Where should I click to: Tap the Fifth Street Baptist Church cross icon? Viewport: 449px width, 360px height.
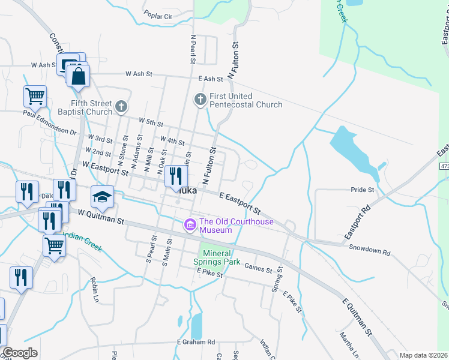pos(121,107)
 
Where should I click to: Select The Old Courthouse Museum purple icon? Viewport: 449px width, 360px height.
pos(190,225)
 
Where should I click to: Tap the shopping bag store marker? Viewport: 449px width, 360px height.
pos(78,77)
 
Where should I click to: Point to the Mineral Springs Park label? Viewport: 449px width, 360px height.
pos(217,257)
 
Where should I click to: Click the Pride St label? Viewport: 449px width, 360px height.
pos(362,190)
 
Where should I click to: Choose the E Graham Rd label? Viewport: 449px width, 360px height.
pos(196,342)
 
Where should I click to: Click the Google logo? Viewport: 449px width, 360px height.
pos(20,353)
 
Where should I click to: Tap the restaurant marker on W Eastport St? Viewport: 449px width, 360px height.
pos(176,176)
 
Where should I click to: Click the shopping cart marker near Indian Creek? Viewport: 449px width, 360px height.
pos(54,244)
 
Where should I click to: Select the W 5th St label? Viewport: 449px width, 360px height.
pos(151,122)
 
